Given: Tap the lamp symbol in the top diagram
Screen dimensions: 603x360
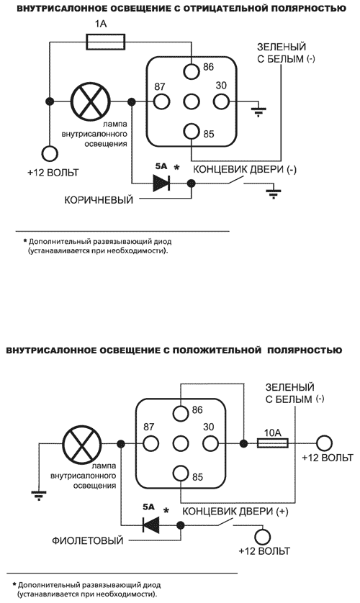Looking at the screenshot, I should pos(89,102).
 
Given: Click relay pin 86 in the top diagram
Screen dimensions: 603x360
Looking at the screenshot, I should pos(192,71).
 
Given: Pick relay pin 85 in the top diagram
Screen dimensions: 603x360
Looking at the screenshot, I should pos(192,132).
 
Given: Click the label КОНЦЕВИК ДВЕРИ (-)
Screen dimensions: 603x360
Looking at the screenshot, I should pos(243,169).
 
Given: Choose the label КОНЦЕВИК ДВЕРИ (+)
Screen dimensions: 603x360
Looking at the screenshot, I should pos(234,510).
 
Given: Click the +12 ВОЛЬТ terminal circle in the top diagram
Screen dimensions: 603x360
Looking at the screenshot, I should pos(50,153).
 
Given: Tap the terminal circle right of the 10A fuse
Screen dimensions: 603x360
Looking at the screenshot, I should pos(325,443).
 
